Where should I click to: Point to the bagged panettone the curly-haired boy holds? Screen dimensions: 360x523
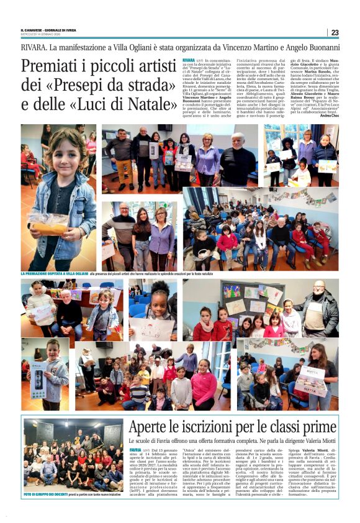click(49, 222)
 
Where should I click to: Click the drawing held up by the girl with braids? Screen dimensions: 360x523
click(151, 327)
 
